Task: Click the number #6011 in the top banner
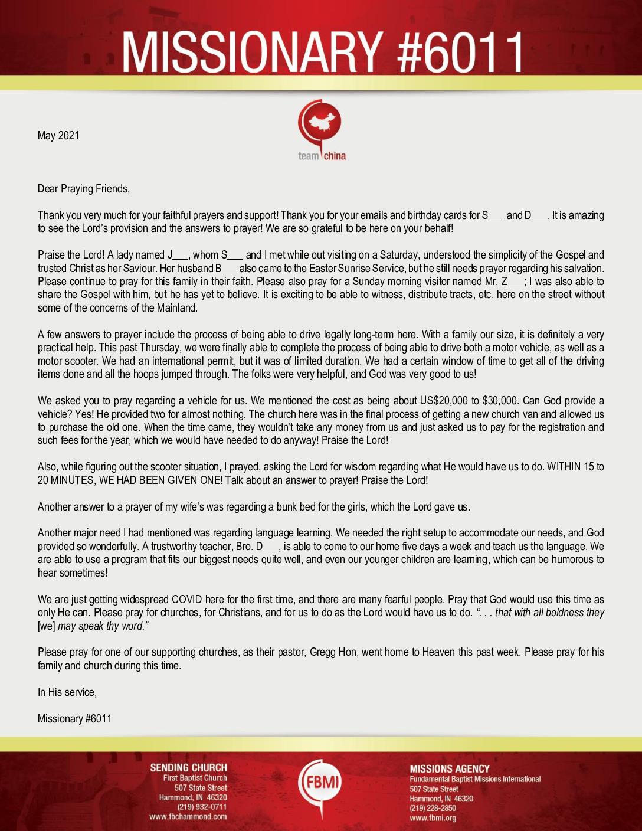click(x=461, y=53)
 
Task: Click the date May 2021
click(x=58, y=136)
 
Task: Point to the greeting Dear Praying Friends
click(x=84, y=189)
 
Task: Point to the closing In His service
click(x=67, y=692)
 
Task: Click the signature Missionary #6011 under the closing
click(x=75, y=719)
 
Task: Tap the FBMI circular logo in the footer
click(x=320, y=784)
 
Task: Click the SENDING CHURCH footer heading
click(x=188, y=768)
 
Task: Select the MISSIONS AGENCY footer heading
click(x=450, y=769)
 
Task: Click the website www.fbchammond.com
click(x=188, y=817)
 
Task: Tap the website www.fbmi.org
click(x=433, y=818)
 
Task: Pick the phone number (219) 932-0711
click(x=202, y=807)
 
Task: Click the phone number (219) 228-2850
click(x=433, y=809)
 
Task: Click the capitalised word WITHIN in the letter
click(x=564, y=467)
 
